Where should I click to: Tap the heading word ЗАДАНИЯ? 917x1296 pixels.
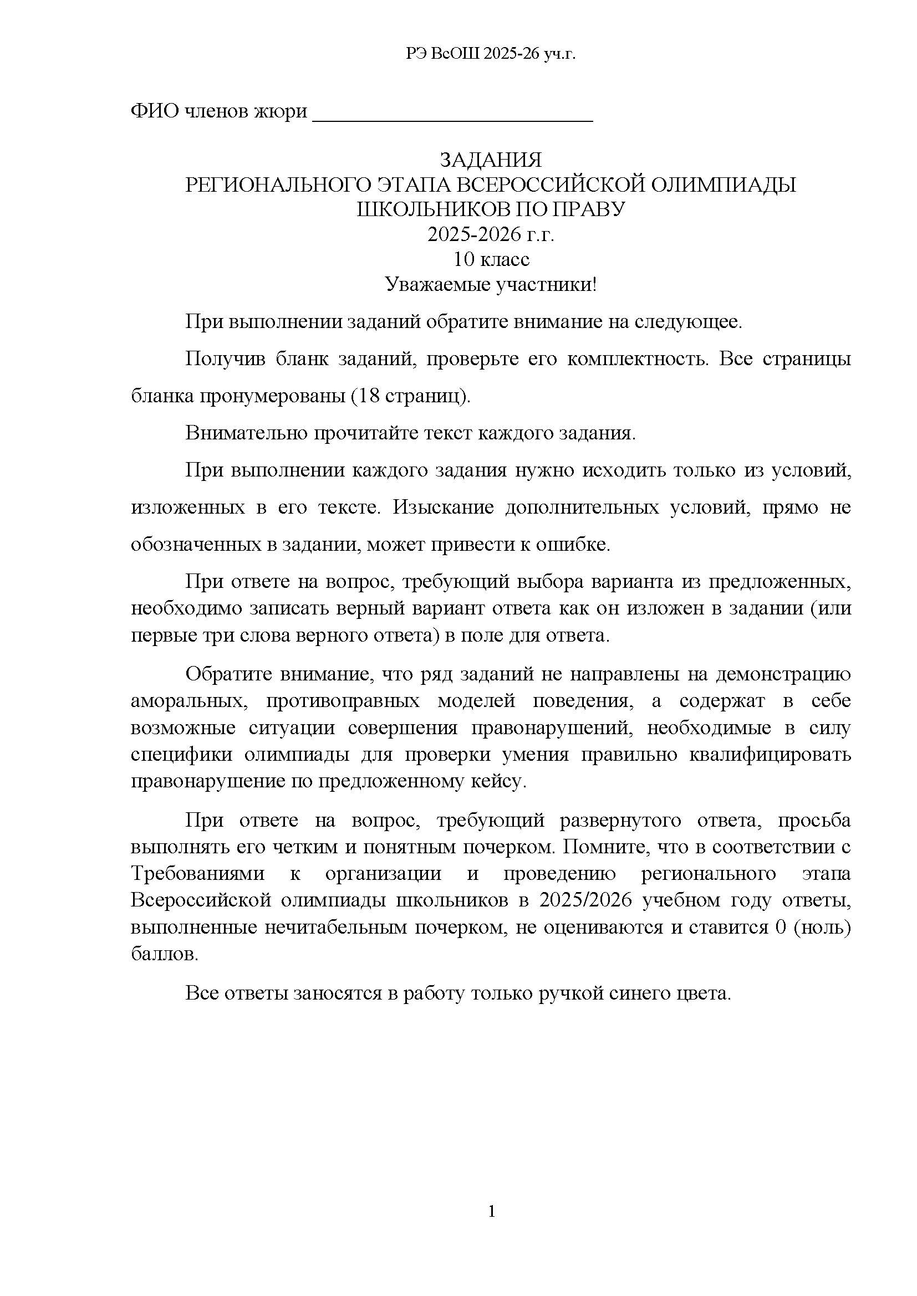pyautogui.click(x=490, y=160)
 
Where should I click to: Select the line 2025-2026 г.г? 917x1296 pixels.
pyautogui.click(x=490, y=234)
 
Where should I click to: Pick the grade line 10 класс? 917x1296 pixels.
pyautogui.click(x=490, y=259)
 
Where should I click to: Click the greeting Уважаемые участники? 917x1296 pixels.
pyautogui.click(x=490, y=284)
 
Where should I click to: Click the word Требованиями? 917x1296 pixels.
pyautogui.click(x=197, y=873)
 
